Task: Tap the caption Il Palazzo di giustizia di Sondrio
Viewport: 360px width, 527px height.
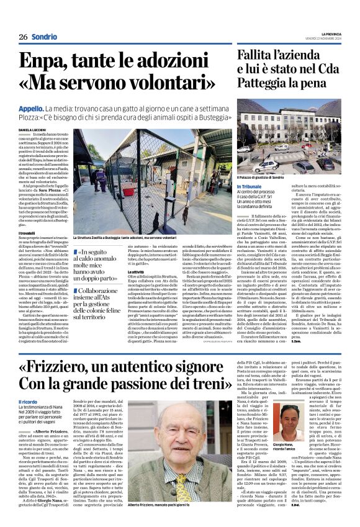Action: pyautogui.click(x=269, y=176)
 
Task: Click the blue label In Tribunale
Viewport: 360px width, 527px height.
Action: pyautogui.click(x=251, y=186)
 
